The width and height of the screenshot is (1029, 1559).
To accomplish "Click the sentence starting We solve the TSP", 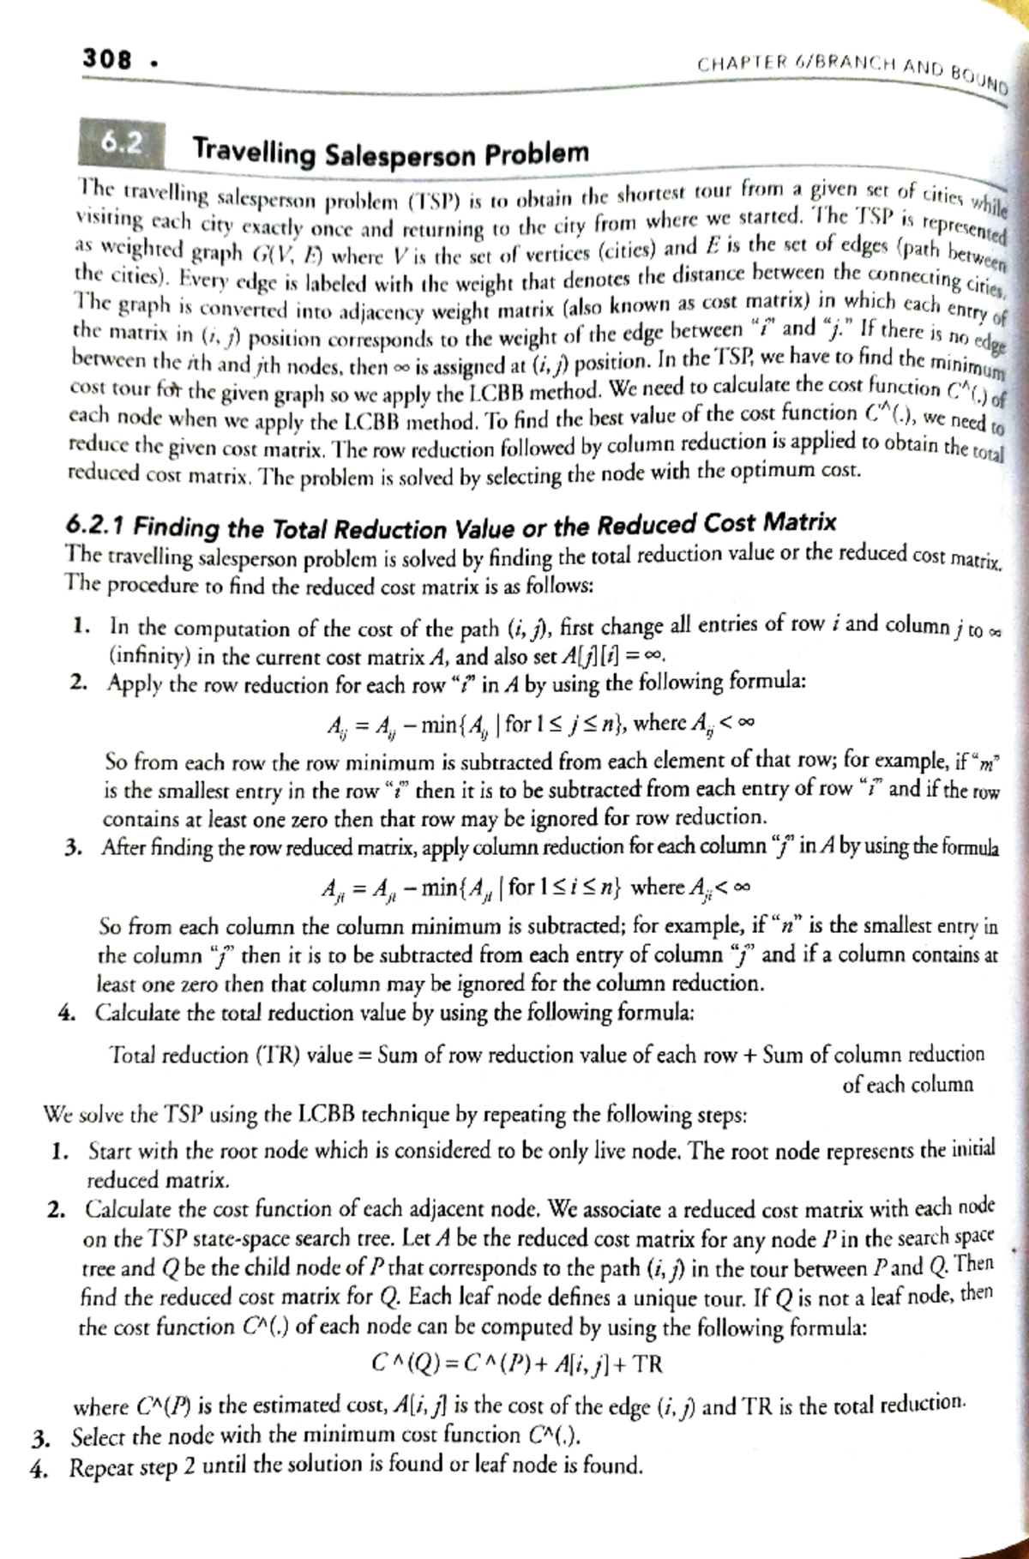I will [x=394, y=1116].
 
